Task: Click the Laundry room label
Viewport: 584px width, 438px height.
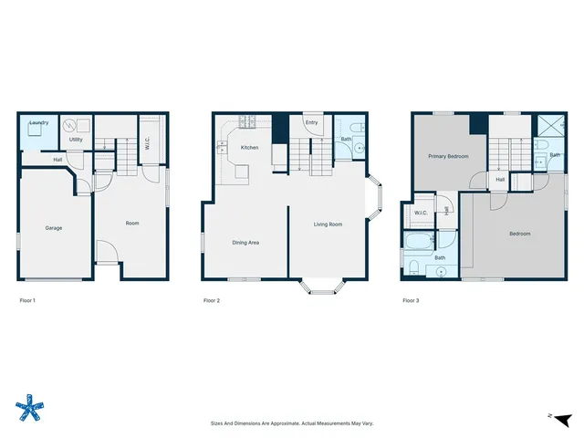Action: point(38,122)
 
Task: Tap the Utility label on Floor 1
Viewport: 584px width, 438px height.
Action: point(76,140)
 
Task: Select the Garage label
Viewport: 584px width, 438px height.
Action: point(54,227)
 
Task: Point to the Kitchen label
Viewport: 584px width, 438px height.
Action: point(249,147)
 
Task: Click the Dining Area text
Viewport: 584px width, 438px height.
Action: point(245,242)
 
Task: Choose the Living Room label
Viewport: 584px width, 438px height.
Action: point(328,224)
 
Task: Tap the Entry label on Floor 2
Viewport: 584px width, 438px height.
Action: point(311,122)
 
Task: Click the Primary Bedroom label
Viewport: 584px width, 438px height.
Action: point(448,156)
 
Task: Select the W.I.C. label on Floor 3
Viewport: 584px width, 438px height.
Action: point(421,213)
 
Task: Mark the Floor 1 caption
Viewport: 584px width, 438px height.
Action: point(29,300)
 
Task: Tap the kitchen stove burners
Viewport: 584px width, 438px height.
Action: point(246,121)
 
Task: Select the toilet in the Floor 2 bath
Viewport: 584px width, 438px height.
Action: point(359,127)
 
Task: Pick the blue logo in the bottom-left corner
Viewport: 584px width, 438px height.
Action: point(31,408)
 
